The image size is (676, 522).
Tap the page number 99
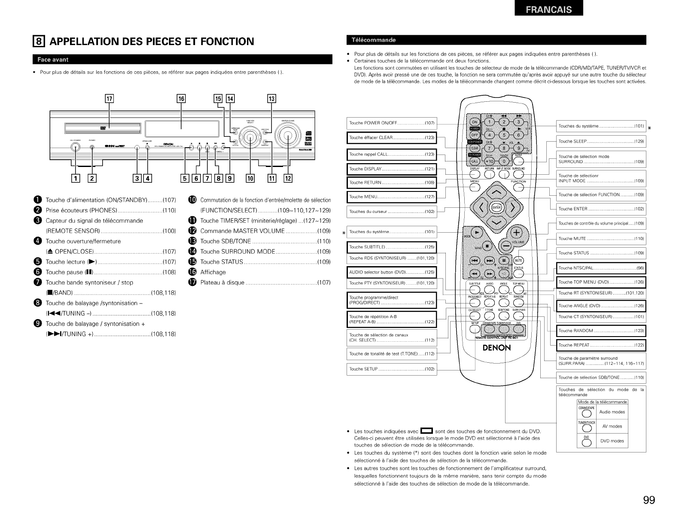click(649, 501)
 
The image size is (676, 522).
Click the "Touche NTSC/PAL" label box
click(600, 268)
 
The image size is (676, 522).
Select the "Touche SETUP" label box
click(391, 369)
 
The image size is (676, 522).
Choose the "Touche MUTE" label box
click(600, 238)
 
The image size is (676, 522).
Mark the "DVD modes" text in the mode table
click(612, 441)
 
